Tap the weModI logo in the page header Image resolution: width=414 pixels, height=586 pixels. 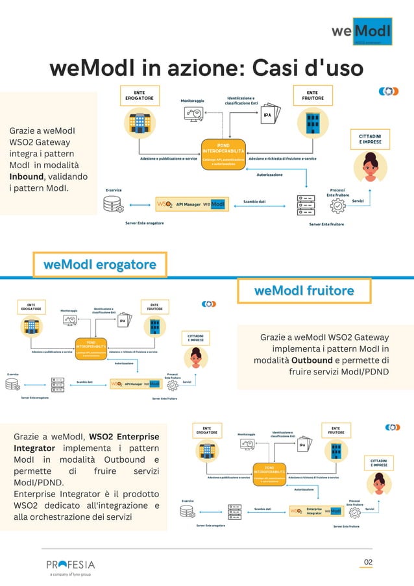click(361, 32)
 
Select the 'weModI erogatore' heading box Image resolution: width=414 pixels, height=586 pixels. click(100, 265)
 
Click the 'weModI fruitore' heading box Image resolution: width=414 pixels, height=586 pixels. click(304, 291)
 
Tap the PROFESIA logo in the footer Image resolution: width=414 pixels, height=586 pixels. click(70, 564)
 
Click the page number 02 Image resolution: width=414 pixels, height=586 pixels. click(368, 562)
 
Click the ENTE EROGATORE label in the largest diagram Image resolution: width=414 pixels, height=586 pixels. click(139, 95)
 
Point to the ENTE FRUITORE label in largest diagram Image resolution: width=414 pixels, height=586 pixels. click(312, 95)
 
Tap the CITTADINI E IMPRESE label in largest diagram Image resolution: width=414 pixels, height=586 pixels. click(370, 139)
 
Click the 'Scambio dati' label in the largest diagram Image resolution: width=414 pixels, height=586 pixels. click(254, 202)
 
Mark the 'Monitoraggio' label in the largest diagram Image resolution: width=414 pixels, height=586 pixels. click(192, 101)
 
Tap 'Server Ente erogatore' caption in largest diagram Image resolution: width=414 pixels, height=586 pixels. click(144, 223)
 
